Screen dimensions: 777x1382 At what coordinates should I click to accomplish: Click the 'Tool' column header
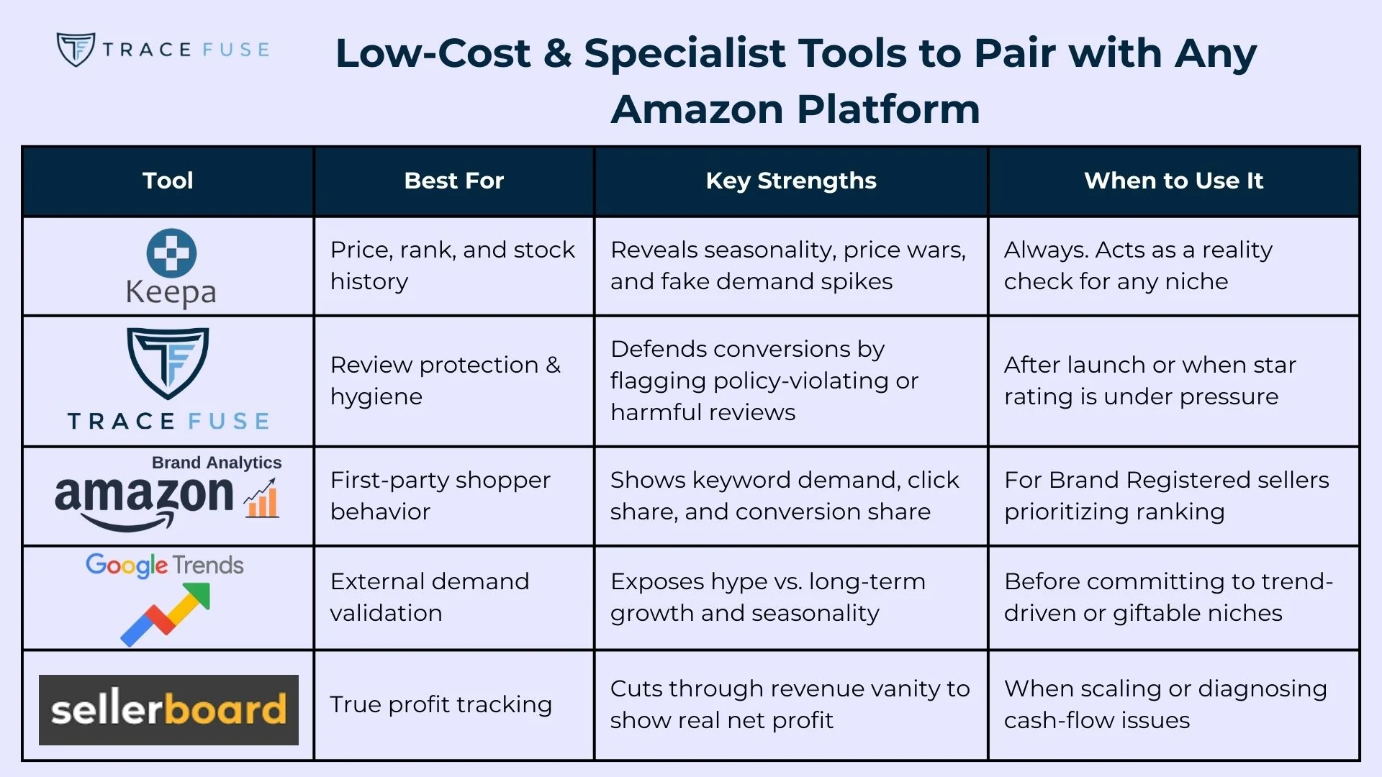[168, 181]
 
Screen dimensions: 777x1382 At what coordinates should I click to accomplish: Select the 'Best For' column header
[453, 181]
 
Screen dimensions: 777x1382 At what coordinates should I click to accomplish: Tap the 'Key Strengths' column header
[790, 181]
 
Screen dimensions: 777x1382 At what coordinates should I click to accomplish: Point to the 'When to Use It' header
[1173, 181]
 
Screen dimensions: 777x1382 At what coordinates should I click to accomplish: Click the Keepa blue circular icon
[171, 253]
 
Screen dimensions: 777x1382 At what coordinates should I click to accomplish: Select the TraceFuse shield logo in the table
[168, 363]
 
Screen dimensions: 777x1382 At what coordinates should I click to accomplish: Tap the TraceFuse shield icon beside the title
[76, 50]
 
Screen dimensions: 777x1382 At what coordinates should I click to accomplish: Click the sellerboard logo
[168, 709]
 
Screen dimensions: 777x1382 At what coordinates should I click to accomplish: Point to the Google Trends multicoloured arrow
[166, 613]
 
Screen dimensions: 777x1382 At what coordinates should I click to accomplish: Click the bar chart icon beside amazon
[261, 499]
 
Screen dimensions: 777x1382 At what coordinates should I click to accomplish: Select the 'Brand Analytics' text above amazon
[217, 463]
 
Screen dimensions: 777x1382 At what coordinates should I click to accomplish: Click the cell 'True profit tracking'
[441, 704]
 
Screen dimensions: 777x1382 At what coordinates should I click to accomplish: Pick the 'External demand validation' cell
[430, 597]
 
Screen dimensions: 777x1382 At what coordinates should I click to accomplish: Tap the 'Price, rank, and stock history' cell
[452, 265]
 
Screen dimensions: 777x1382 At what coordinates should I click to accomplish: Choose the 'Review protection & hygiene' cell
[445, 381]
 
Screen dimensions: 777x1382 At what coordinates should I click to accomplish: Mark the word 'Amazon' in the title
[697, 109]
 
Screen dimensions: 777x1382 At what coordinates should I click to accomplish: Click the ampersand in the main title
[557, 54]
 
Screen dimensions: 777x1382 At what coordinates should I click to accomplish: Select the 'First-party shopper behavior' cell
[440, 496]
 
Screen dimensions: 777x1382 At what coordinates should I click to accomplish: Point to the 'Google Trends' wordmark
[165, 565]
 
